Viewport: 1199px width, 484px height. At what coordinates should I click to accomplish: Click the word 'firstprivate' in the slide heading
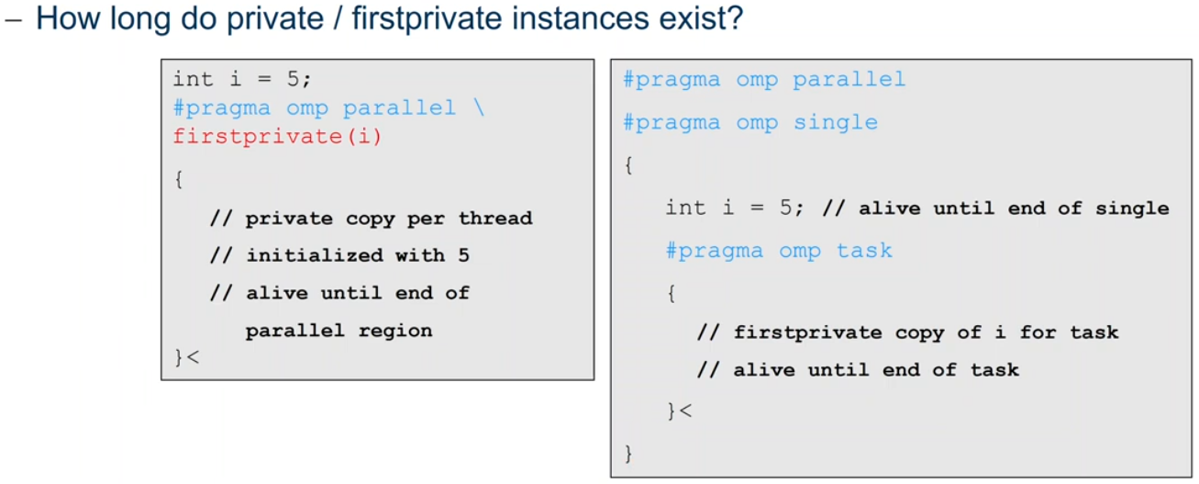[x=427, y=19]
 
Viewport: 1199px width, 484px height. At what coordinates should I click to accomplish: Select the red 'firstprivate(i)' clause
[x=277, y=137]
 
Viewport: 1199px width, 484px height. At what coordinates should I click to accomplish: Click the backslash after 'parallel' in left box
[x=479, y=107]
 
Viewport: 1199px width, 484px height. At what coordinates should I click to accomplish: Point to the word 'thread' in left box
[x=495, y=219]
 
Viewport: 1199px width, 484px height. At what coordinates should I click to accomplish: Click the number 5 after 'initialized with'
[x=463, y=255]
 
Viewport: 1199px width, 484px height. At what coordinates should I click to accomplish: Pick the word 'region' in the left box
[x=395, y=332]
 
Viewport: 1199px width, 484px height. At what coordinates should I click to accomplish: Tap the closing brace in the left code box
[x=179, y=357]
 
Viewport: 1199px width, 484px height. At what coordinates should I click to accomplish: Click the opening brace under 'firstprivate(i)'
[x=179, y=179]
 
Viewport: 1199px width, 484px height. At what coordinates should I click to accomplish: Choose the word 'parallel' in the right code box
[x=849, y=79]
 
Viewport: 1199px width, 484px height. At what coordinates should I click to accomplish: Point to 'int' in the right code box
[x=685, y=208]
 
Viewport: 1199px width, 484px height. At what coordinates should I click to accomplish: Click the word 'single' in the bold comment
[x=1132, y=208]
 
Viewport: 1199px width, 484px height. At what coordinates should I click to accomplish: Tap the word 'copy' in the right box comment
[x=919, y=332]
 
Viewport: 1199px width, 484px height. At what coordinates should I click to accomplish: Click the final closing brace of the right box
[x=628, y=454]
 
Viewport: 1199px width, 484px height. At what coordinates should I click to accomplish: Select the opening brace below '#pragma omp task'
[x=672, y=293]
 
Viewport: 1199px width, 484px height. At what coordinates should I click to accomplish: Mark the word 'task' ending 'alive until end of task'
[x=995, y=370]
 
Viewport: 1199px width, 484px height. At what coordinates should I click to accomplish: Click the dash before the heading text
[x=13, y=21]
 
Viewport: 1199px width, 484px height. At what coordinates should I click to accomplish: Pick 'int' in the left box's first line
[x=193, y=79]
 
